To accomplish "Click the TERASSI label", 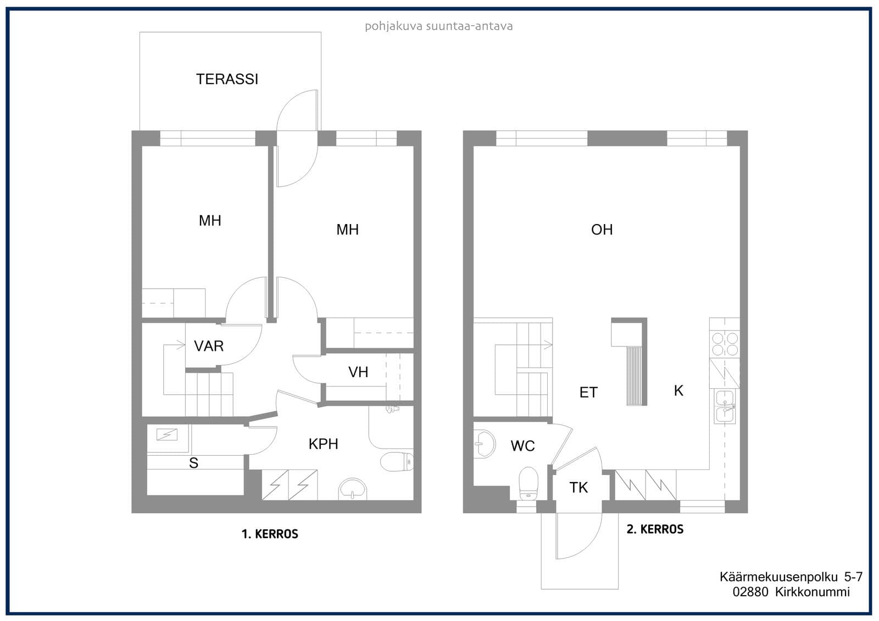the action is [227, 79].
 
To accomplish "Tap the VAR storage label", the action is [209, 346].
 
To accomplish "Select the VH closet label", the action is [358, 372].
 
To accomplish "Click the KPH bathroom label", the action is [323, 444].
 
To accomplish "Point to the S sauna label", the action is [193, 463].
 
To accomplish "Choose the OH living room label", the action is [602, 230].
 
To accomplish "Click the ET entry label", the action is [588, 392].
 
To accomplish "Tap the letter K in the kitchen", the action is [678, 390].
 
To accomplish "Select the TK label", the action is [578, 488].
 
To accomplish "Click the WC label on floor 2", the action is [522, 446].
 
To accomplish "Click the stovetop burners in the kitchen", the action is [725, 344].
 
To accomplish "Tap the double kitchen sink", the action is [725, 406].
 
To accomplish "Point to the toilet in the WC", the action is [528, 484].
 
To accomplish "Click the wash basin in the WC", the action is [485, 444].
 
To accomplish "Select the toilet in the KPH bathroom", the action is [397, 462].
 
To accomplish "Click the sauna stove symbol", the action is [167, 435].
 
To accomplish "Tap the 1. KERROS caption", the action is [270, 534].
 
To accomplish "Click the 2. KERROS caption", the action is [655, 529].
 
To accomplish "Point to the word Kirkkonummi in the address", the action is [813, 591].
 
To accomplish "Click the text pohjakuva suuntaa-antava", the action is [439, 26].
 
